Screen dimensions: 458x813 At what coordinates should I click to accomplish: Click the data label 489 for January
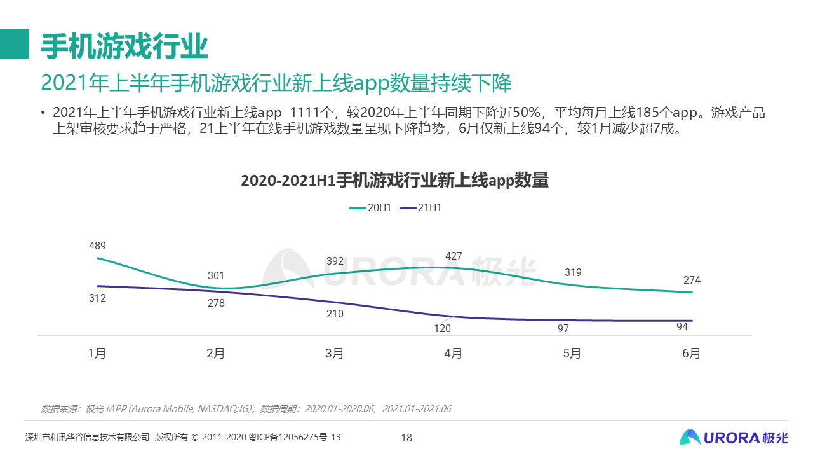[x=97, y=246]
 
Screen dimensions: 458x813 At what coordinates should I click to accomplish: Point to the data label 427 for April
[x=454, y=256]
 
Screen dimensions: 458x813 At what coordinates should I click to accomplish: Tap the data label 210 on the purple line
[x=335, y=314]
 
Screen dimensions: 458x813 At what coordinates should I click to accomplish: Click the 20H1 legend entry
[x=370, y=208]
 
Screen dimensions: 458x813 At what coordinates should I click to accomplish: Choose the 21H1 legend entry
[x=420, y=208]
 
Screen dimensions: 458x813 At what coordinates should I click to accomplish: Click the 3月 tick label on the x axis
[x=335, y=354]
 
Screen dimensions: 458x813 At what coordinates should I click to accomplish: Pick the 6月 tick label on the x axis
[x=691, y=354]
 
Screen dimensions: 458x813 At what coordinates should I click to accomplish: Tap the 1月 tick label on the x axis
[x=97, y=354]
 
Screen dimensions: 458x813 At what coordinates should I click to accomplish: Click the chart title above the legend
[x=394, y=181]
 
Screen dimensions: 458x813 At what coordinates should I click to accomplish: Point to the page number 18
[x=406, y=438]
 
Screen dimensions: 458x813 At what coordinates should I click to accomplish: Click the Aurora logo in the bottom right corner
[x=734, y=437]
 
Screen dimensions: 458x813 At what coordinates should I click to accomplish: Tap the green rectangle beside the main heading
[x=15, y=44]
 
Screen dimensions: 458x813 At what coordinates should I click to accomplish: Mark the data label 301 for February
[x=216, y=276]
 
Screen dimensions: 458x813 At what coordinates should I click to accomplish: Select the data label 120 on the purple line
[x=442, y=329]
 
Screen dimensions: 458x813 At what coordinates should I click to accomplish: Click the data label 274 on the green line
[x=692, y=281]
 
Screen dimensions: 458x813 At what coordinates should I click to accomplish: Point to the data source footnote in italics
[x=246, y=408]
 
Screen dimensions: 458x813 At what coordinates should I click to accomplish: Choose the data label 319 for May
[x=573, y=273]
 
